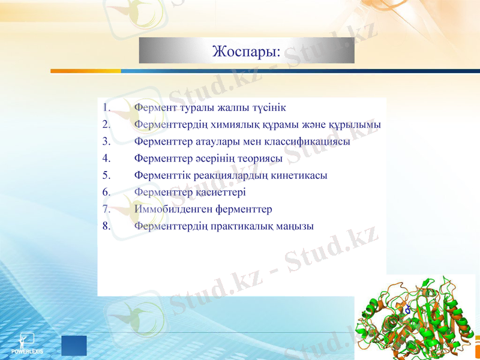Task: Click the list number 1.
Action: click(106, 108)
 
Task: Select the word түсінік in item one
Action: click(266, 108)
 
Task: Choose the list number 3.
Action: click(106, 142)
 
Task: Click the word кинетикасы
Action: click(299, 176)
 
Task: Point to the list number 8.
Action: click(106, 226)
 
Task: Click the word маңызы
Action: click(295, 226)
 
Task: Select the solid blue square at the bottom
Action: click(74, 346)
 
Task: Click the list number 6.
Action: click(106, 193)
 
